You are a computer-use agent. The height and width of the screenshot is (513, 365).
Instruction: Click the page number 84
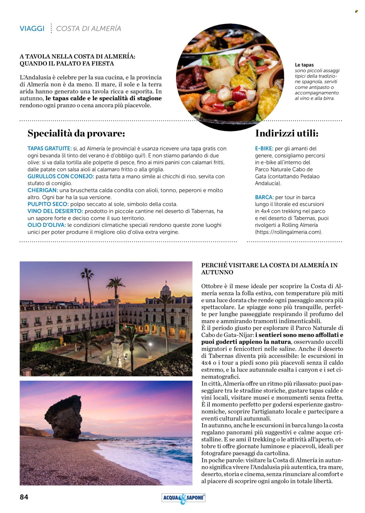(24, 497)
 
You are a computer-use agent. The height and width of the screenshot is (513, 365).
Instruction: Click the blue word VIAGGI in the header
(32, 29)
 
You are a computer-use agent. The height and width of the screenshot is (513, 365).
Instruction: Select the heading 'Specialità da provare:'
(76, 133)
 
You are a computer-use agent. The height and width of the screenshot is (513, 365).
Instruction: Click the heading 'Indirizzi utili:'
(286, 133)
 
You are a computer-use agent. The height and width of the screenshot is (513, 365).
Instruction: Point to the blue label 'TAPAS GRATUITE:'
(49, 149)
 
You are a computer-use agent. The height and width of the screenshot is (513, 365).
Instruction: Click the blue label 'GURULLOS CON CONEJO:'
(61, 176)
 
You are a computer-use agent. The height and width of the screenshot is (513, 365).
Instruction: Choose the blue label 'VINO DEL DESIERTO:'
(55, 211)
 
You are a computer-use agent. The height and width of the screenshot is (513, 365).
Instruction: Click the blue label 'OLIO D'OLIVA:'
(47, 225)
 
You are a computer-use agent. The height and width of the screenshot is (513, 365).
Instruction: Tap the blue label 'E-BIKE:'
(264, 149)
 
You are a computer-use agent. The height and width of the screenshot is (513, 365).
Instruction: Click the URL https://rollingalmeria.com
(288, 232)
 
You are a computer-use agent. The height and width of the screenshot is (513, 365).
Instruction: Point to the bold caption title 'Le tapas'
(304, 65)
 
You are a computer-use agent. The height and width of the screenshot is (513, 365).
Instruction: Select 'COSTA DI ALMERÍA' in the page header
(88, 29)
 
